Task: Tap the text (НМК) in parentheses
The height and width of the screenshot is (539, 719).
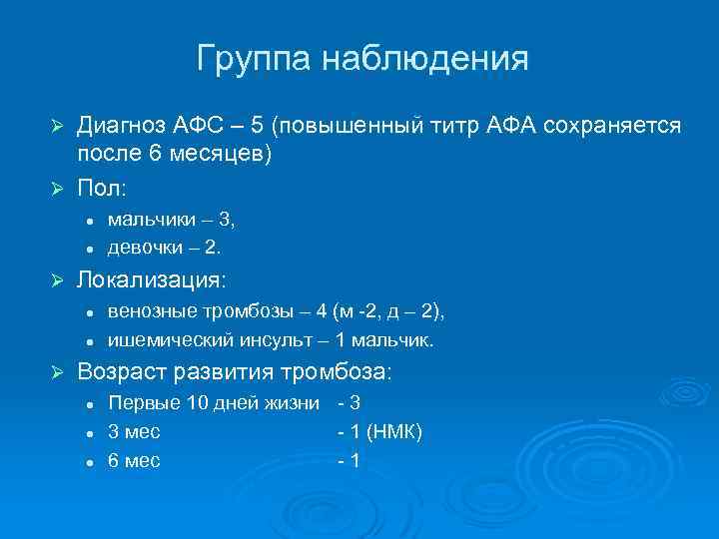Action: tap(394, 431)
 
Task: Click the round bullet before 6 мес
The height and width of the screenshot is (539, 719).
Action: tap(89, 462)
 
